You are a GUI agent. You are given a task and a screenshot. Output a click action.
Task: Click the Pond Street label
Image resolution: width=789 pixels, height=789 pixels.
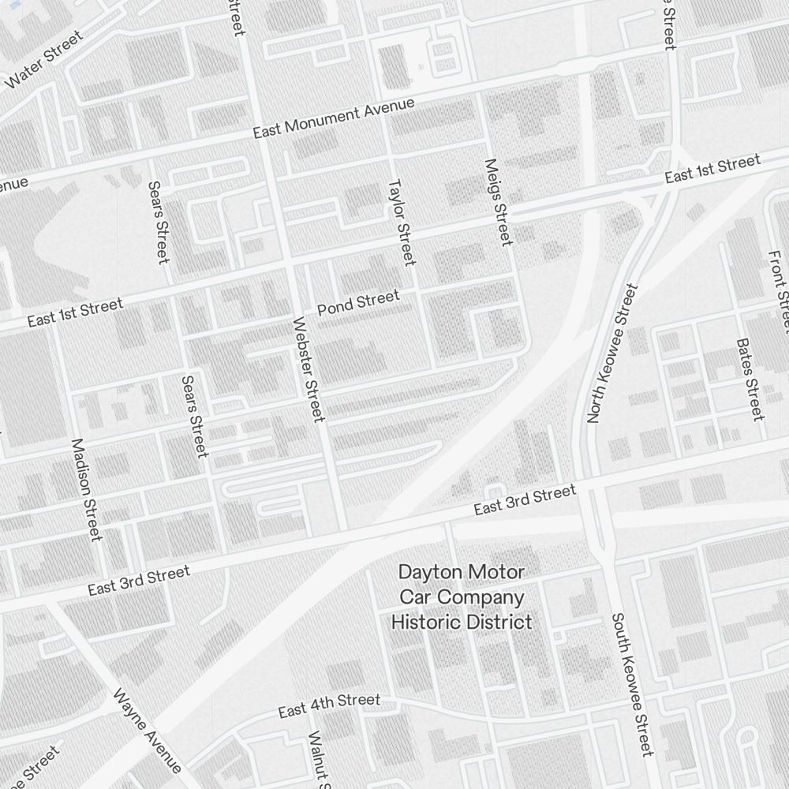click(358, 303)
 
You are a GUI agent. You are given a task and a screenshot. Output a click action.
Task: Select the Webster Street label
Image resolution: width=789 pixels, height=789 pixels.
click(308, 369)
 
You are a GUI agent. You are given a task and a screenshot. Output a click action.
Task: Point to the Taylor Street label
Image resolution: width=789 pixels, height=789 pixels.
click(401, 222)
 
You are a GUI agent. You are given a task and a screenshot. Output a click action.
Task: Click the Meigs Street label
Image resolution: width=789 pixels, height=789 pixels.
click(499, 202)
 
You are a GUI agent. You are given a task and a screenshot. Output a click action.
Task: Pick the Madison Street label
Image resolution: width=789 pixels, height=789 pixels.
click(87, 489)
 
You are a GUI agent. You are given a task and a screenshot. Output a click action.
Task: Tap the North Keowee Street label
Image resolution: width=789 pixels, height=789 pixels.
click(611, 354)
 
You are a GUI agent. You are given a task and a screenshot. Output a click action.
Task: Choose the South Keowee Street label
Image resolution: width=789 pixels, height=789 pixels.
click(632, 683)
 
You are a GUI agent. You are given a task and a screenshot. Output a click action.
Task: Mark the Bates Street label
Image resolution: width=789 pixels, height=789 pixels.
click(749, 379)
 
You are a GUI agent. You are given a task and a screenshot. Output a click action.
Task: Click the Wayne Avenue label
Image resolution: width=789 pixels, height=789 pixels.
click(148, 731)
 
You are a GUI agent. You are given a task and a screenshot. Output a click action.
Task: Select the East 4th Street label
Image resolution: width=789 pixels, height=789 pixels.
click(329, 706)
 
